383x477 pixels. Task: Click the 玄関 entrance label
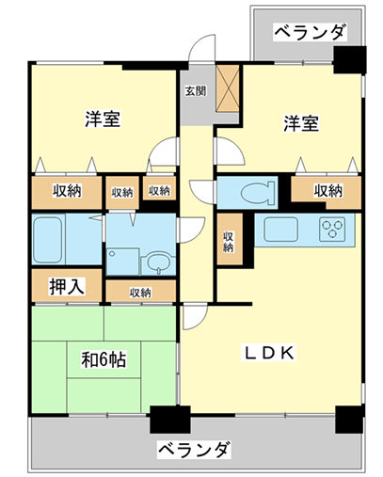(196, 91)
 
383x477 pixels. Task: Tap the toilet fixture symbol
(258, 193)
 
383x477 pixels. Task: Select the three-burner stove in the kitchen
(332, 230)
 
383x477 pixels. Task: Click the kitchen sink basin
(280, 230)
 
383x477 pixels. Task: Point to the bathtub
(47, 240)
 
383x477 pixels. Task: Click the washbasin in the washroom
(158, 262)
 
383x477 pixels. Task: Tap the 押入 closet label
(67, 286)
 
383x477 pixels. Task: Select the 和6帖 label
(104, 359)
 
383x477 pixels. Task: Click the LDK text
(269, 353)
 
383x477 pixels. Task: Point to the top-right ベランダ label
(311, 31)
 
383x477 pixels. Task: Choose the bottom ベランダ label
(194, 450)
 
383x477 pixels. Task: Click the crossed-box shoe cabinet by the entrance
(228, 88)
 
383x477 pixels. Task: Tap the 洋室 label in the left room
(103, 119)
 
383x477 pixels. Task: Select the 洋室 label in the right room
(301, 123)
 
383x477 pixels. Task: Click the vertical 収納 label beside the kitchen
(228, 241)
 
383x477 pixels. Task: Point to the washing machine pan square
(122, 262)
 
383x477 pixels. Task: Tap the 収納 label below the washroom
(140, 293)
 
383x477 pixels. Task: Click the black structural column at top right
(350, 59)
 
